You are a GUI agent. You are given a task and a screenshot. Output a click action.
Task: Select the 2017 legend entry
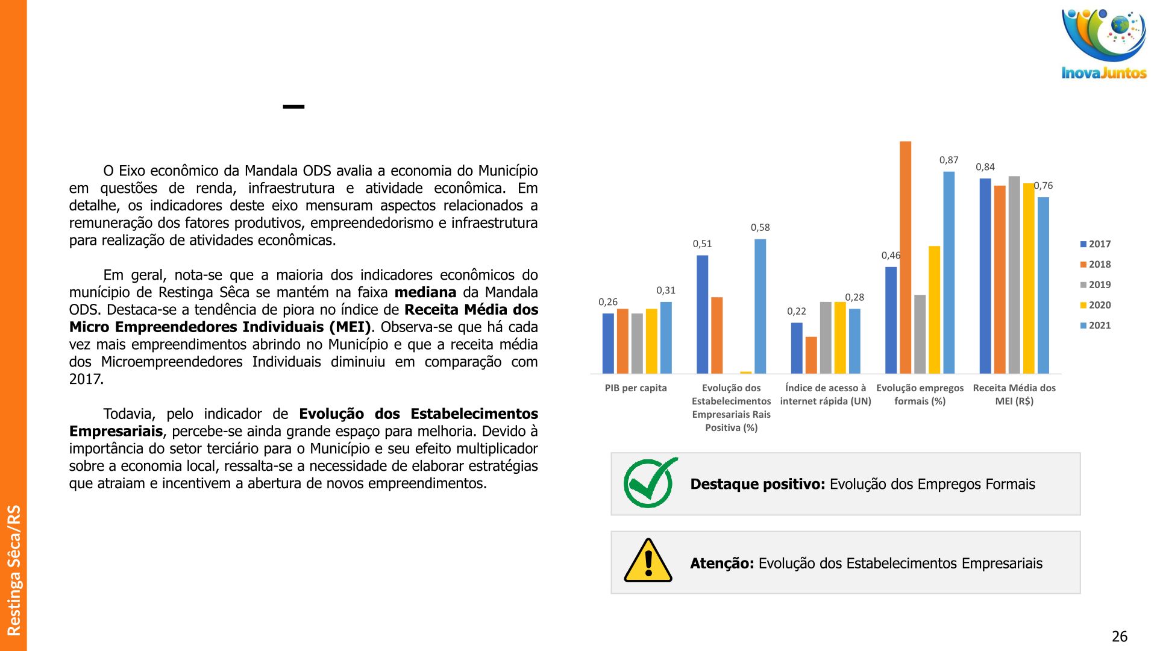pos(1095,244)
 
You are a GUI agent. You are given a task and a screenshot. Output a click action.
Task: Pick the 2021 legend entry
pos(1095,325)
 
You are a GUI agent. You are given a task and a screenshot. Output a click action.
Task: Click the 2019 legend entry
pos(1095,285)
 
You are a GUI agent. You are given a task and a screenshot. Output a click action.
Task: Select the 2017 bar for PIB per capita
pos(608,343)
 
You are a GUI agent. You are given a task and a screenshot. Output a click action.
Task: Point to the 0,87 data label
pos(948,160)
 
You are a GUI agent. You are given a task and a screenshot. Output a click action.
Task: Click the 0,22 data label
pos(796,311)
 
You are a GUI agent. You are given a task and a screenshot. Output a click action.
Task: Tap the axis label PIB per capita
pos(636,388)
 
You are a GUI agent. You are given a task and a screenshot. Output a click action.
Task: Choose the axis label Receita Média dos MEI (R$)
pos(1014,394)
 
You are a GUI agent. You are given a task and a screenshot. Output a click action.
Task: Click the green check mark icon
pos(649,483)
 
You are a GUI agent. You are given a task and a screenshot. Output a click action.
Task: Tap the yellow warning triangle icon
pos(648,561)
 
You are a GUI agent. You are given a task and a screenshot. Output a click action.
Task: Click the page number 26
pos(1119,637)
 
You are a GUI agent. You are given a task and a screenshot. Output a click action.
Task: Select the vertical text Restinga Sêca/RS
pos(13,570)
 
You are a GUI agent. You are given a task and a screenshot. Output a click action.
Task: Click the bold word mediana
pos(425,292)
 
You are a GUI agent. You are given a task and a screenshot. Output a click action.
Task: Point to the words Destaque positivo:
pos(757,484)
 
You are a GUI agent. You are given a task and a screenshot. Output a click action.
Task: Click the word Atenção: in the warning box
pos(722,564)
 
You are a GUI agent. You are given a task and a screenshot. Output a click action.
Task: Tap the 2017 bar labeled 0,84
pos(985,275)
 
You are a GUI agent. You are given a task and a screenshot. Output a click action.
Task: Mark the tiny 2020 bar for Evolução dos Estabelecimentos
pos(745,373)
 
